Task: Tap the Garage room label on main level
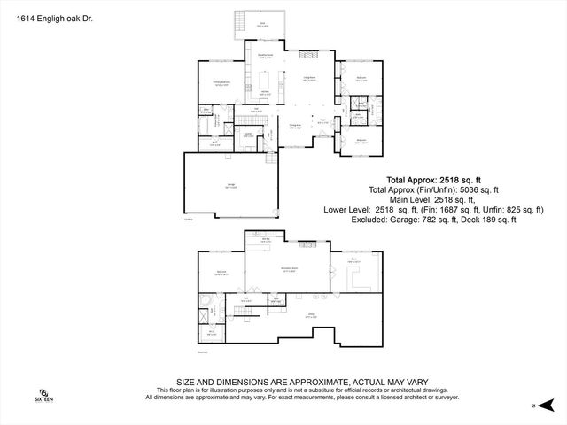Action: [x=229, y=186]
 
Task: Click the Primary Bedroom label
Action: [x=221, y=84]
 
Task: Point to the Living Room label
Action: [x=310, y=79]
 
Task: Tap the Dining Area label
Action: [x=296, y=127]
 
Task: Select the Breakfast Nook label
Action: [x=265, y=57]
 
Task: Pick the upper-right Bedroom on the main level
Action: [x=361, y=80]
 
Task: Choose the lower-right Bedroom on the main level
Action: [x=361, y=141]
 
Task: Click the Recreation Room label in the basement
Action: [x=289, y=268]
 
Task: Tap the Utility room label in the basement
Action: [x=313, y=314]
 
